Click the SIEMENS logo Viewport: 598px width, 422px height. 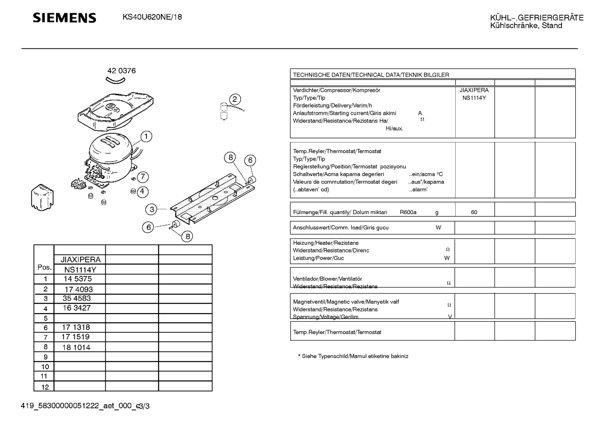coord(64,18)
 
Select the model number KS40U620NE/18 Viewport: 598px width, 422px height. coord(152,17)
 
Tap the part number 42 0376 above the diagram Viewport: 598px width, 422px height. coord(122,71)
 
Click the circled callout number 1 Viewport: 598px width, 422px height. coord(146,136)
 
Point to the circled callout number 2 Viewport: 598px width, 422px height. coord(235,99)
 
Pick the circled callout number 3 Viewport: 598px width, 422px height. coord(152,210)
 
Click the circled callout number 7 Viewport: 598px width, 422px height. coord(143,177)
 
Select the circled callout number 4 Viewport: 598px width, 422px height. coord(142,191)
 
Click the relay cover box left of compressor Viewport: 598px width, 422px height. coord(42,197)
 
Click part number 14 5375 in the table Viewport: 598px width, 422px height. coord(78,279)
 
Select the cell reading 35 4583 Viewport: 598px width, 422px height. coord(77,298)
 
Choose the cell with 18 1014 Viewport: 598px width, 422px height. coord(76,347)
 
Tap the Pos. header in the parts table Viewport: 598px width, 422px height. coord(44,267)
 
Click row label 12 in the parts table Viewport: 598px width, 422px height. coord(45,387)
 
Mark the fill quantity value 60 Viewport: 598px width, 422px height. coord(474,212)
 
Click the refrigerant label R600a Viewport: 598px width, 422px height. coord(408,212)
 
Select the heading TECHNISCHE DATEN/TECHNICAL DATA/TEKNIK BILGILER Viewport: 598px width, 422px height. coord(371,75)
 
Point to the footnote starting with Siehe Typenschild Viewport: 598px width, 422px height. coord(353,356)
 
